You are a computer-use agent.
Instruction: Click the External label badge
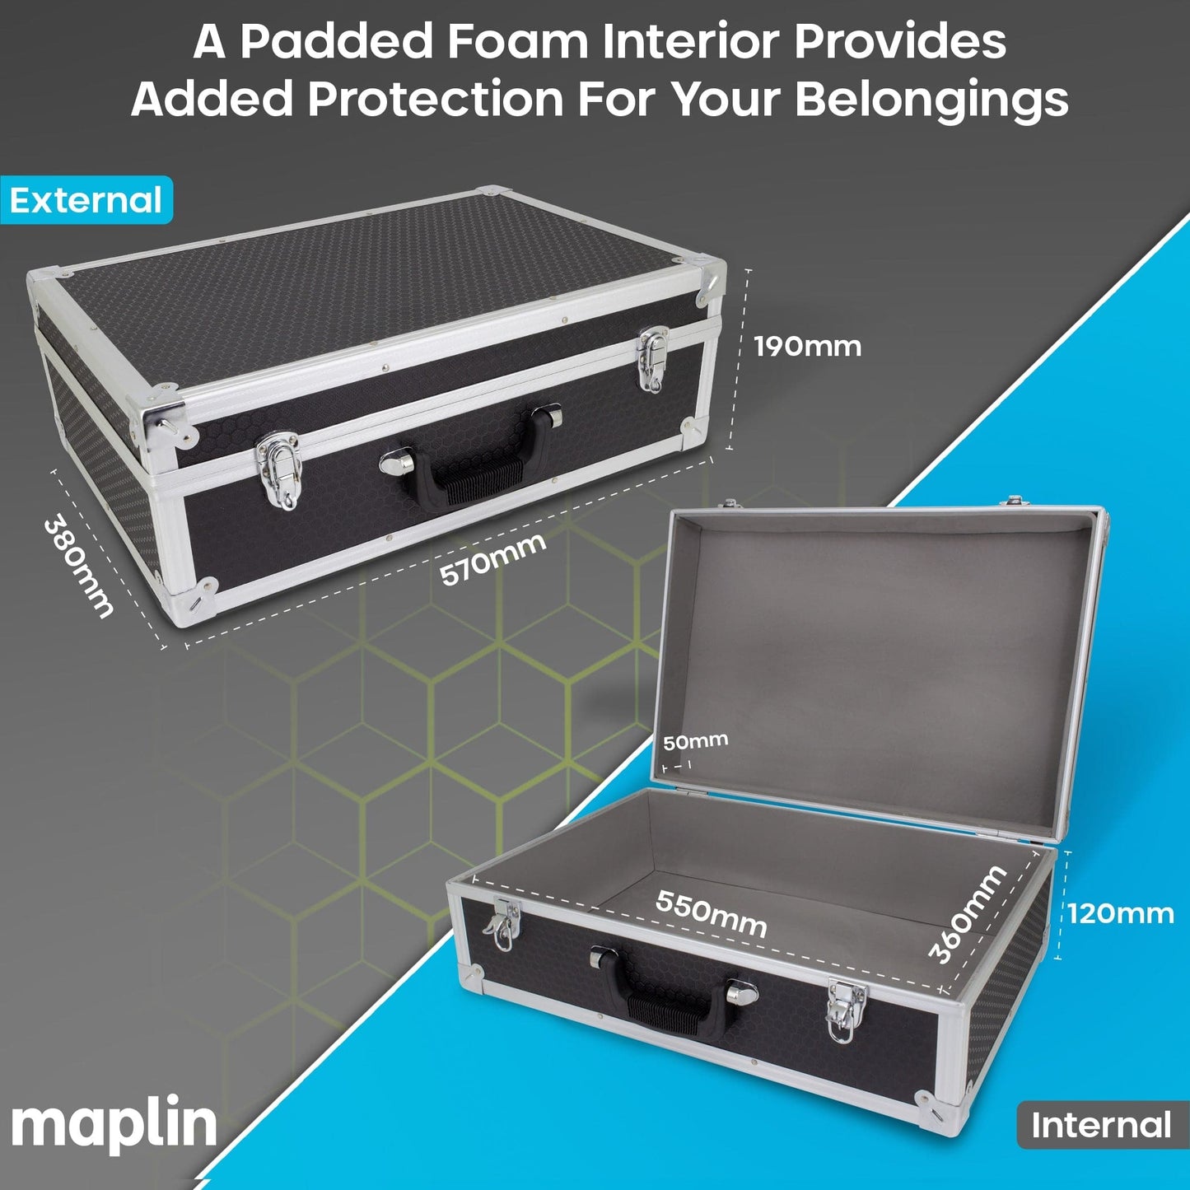click(x=86, y=200)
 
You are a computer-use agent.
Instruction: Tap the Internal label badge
click(x=1103, y=1124)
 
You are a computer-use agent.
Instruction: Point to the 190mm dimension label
click(x=808, y=347)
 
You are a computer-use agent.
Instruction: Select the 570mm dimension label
click(x=492, y=559)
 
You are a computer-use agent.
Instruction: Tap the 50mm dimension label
click(x=695, y=740)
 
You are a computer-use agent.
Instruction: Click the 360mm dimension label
click(x=967, y=915)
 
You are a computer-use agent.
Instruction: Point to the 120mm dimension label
click(x=1121, y=913)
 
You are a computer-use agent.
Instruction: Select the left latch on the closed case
click(x=278, y=470)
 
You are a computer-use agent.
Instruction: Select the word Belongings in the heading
click(x=931, y=100)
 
